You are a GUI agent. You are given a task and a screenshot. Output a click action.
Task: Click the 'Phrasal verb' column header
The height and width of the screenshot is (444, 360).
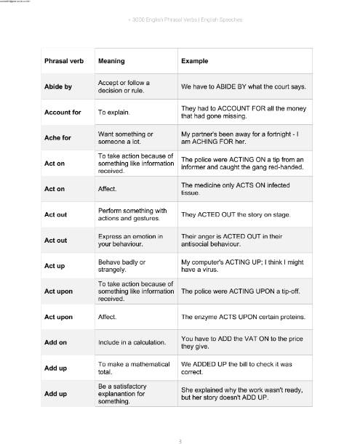[x=64, y=61]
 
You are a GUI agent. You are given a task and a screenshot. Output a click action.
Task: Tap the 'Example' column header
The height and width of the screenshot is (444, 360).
[x=195, y=61]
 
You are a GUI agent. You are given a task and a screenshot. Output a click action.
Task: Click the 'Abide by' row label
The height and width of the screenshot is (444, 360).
[x=58, y=87]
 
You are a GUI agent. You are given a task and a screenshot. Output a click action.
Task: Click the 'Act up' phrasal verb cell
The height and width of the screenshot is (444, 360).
[x=56, y=265]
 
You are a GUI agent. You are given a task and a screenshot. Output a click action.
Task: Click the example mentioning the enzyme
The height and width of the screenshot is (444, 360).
[x=242, y=317]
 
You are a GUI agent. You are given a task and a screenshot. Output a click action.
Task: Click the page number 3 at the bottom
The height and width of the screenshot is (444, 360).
[x=180, y=440]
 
